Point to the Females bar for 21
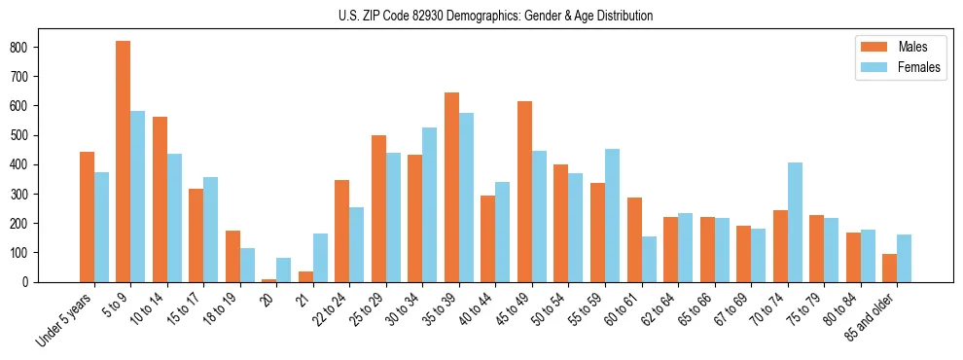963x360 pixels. click(320, 258)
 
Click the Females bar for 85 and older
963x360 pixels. click(904, 259)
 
